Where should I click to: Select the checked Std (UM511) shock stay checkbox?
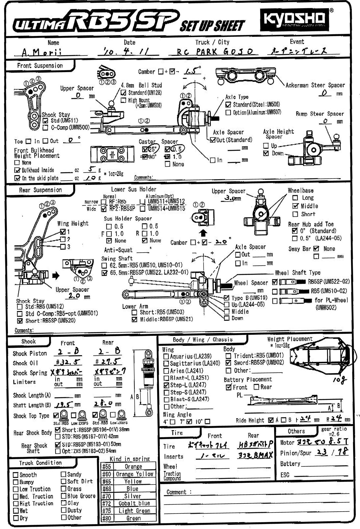[x=46, y=121]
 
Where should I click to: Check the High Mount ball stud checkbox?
[x=124, y=100]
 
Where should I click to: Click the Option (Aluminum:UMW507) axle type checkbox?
[x=228, y=113]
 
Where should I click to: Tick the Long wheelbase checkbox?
[x=295, y=198]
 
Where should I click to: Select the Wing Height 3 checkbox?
[x=63, y=247]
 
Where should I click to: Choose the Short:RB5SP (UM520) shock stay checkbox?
[x=20, y=320]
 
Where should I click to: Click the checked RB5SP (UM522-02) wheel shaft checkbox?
[x=275, y=282]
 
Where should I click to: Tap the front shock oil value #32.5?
[x=68, y=362]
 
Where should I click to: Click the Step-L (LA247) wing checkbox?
[x=166, y=385]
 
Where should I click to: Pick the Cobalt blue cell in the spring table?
[x=134, y=503]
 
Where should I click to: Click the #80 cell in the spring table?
[x=106, y=518]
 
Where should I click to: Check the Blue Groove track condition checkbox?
[x=64, y=496]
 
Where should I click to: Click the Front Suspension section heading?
[x=40, y=66]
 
